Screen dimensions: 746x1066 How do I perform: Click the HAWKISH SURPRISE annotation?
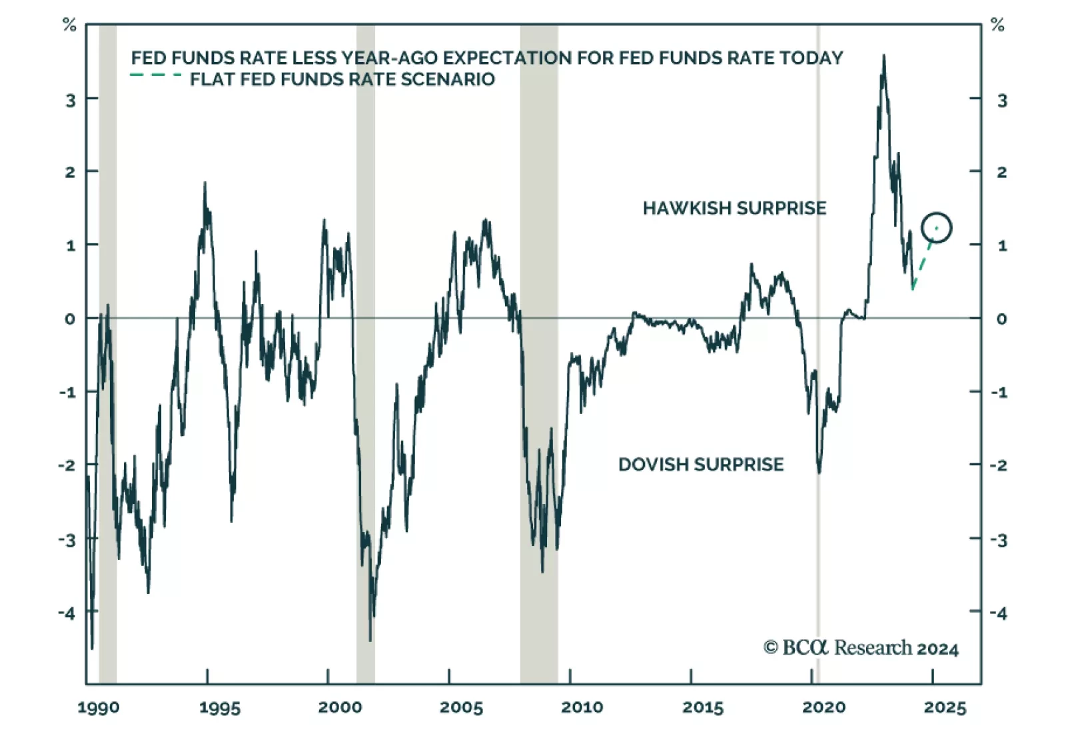pos(734,208)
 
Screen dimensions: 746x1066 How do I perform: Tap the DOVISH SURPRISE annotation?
pos(701,465)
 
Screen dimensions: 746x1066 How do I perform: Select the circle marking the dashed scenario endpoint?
pos(936,228)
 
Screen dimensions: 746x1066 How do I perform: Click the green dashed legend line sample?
pos(156,75)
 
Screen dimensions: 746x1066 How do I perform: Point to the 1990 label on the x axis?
pos(99,707)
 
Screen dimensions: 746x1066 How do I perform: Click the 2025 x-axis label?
pos(945,707)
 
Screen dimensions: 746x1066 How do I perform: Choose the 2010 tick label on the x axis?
pos(582,707)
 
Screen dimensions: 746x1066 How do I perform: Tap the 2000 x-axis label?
pos(340,707)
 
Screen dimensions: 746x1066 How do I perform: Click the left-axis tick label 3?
pos(70,100)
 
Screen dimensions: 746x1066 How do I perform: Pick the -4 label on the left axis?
pos(67,613)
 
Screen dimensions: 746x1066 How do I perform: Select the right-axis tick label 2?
pos(1001,172)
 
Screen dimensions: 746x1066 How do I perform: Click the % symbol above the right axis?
pos(997,25)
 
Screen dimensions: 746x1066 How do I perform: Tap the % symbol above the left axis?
pos(69,25)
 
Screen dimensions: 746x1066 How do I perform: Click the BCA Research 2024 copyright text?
pos(861,648)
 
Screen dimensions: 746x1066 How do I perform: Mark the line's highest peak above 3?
pos(884,57)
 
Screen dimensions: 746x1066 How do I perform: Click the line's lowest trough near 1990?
pos(92,647)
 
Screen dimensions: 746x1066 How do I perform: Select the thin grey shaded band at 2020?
pos(818,353)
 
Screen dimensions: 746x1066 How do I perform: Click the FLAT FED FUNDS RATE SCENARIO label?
pos(342,79)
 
